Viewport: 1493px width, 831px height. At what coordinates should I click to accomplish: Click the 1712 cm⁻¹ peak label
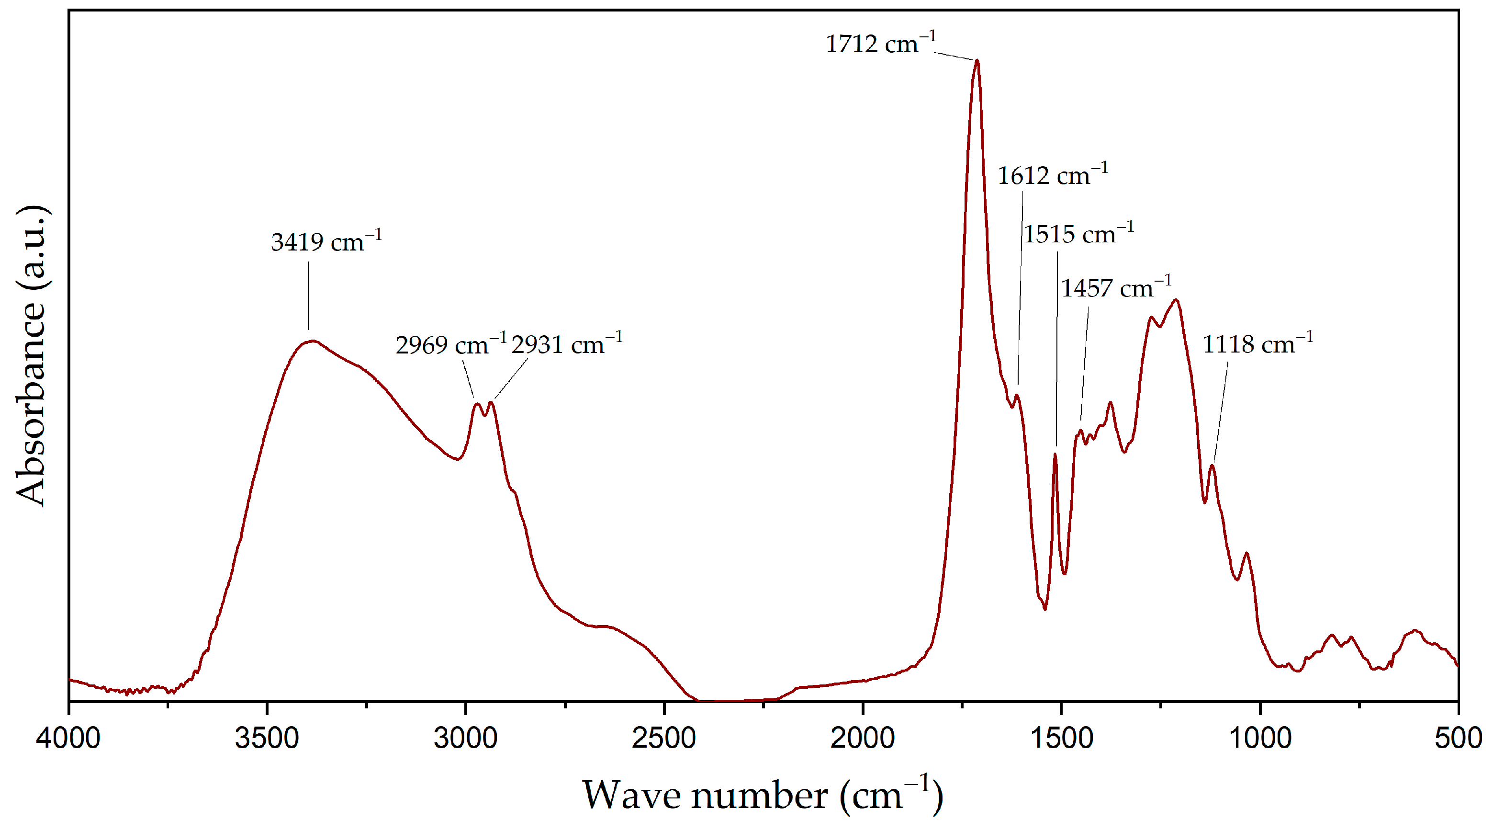click(880, 44)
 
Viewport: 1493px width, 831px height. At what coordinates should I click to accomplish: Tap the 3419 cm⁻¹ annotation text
click(326, 242)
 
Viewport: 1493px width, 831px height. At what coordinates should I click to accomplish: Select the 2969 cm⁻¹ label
click(450, 345)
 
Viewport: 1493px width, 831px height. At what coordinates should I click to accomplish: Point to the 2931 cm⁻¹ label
click(566, 344)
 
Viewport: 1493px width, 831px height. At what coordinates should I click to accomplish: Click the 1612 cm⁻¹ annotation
click(1052, 175)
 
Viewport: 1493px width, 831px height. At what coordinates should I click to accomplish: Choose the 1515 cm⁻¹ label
click(1078, 234)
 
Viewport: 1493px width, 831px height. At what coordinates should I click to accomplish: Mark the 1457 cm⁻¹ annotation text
click(1116, 288)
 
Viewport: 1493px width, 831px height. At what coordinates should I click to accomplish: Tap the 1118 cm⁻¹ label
click(1257, 344)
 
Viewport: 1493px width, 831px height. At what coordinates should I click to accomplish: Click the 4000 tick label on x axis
click(68, 738)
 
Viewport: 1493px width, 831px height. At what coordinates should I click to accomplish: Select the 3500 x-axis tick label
click(267, 738)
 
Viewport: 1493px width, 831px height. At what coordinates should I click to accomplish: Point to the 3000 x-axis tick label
click(465, 738)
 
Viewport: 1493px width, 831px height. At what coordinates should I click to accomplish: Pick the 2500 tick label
click(664, 738)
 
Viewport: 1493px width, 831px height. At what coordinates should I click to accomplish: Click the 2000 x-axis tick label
click(863, 738)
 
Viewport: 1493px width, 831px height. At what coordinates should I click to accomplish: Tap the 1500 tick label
click(1061, 738)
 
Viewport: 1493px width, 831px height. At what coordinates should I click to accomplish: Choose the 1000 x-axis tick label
click(1259, 738)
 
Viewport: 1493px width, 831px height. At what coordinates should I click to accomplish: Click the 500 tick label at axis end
click(1458, 738)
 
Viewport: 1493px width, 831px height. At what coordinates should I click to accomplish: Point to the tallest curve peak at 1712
click(977, 60)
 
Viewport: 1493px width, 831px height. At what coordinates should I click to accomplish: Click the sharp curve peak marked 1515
click(1055, 454)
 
